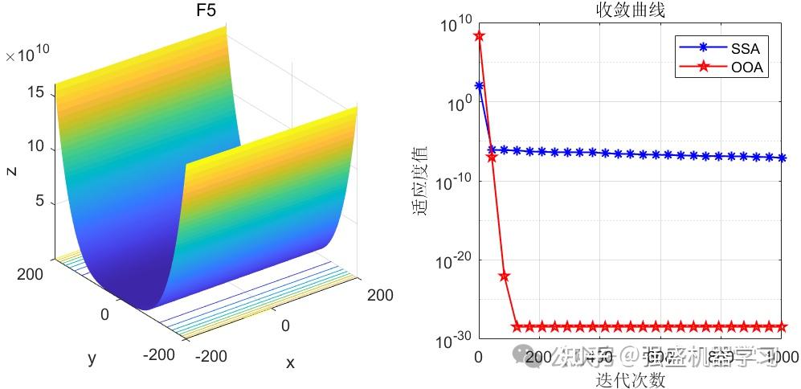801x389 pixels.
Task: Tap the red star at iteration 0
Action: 479,36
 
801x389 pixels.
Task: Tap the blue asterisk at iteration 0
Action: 479,85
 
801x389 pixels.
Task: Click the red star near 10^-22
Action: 505,276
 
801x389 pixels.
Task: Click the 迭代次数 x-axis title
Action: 630,380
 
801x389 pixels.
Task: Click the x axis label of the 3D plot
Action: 290,363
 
